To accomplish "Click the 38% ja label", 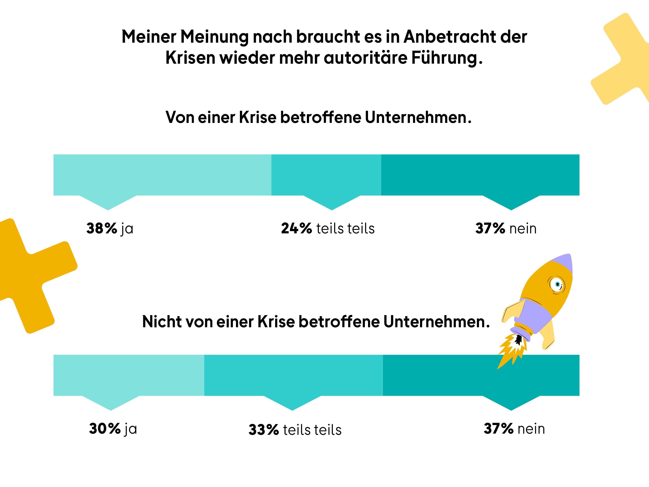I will pyautogui.click(x=110, y=228).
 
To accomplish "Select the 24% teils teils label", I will pyautogui.click(x=328, y=228).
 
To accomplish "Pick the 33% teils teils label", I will pyautogui.click(x=295, y=430).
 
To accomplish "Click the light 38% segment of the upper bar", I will pyautogui.click(x=162, y=175).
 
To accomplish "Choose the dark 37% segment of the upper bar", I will pyautogui.click(x=480, y=175).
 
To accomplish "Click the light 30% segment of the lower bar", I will pyautogui.click(x=129, y=375).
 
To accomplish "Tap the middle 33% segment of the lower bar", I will pyautogui.click(x=293, y=375).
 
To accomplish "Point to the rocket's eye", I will pyautogui.click(x=557, y=284).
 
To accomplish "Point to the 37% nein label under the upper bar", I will pyautogui.click(x=506, y=228).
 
